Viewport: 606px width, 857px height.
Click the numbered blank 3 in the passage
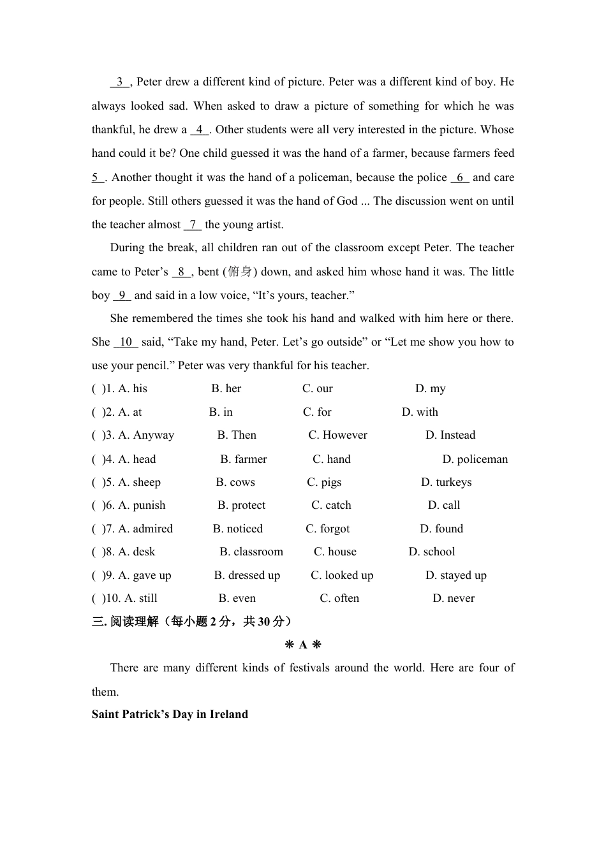pyautogui.click(x=119, y=82)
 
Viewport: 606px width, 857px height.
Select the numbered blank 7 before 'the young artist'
pyautogui.click(x=193, y=225)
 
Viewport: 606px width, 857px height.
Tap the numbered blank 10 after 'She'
pyautogui.click(x=126, y=342)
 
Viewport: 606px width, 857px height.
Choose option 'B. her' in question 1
pyautogui.click(x=226, y=389)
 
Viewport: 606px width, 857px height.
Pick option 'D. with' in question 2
pyautogui.click(x=420, y=413)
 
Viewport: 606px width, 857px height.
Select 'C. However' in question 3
pyautogui.click(x=337, y=436)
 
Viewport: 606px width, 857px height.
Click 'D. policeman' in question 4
pyautogui.click(x=475, y=460)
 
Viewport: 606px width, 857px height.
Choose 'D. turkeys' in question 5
pyautogui.click(x=446, y=483)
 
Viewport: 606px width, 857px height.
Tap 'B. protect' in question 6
pyautogui.click(x=241, y=506)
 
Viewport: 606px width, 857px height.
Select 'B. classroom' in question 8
pyautogui.click(x=251, y=552)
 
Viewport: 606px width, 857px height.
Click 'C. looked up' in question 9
pyautogui.click(x=342, y=576)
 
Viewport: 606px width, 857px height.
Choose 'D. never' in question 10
pyautogui.click(x=454, y=599)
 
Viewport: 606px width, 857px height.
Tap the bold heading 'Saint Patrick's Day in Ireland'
pyautogui.click(x=170, y=715)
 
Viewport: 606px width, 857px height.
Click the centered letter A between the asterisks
pyautogui.click(x=303, y=645)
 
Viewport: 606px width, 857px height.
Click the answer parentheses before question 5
pyautogui.click(x=98, y=483)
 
